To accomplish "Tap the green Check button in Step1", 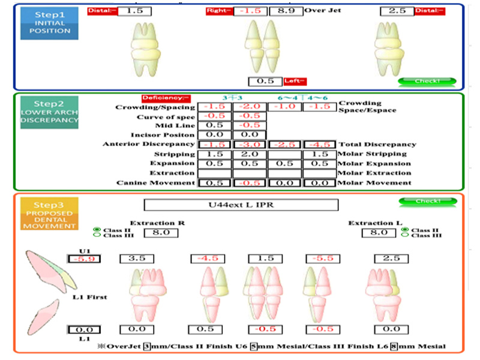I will click(427, 81).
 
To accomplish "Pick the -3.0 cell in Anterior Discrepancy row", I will click(248, 144).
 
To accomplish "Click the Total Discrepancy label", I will click(377, 145).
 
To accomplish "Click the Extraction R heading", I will click(157, 223).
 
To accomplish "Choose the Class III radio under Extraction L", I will click(406, 235).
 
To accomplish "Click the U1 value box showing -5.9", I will click(85, 259).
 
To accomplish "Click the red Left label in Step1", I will click(295, 81).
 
